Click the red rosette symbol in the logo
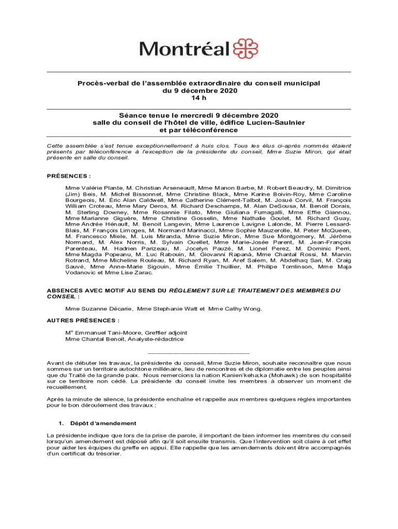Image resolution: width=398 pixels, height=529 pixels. (246, 49)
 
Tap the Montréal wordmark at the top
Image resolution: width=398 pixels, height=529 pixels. (184, 49)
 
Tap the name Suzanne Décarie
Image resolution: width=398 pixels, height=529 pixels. (99, 309)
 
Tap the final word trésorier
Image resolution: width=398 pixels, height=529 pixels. (106, 454)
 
